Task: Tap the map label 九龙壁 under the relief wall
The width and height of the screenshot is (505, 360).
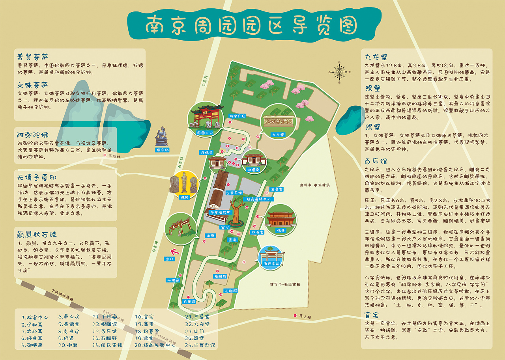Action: tap(278, 134)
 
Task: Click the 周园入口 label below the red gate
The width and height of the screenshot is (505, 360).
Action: tap(204, 133)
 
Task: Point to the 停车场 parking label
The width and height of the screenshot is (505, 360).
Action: tap(162, 150)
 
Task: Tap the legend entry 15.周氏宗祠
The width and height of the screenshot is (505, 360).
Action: tap(107, 345)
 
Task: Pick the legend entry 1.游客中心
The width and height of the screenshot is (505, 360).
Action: tap(35, 317)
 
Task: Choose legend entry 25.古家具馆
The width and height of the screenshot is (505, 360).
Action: tap(200, 345)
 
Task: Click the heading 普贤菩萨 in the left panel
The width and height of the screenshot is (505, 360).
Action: tap(32, 56)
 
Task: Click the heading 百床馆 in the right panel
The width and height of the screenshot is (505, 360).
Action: tap(376, 161)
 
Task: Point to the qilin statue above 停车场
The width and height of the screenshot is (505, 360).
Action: tap(161, 136)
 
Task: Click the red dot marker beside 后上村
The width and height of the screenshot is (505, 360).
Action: tap(295, 315)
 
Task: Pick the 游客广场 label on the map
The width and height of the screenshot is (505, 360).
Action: tap(238, 116)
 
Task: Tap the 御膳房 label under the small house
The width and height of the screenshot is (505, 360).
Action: tap(252, 170)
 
